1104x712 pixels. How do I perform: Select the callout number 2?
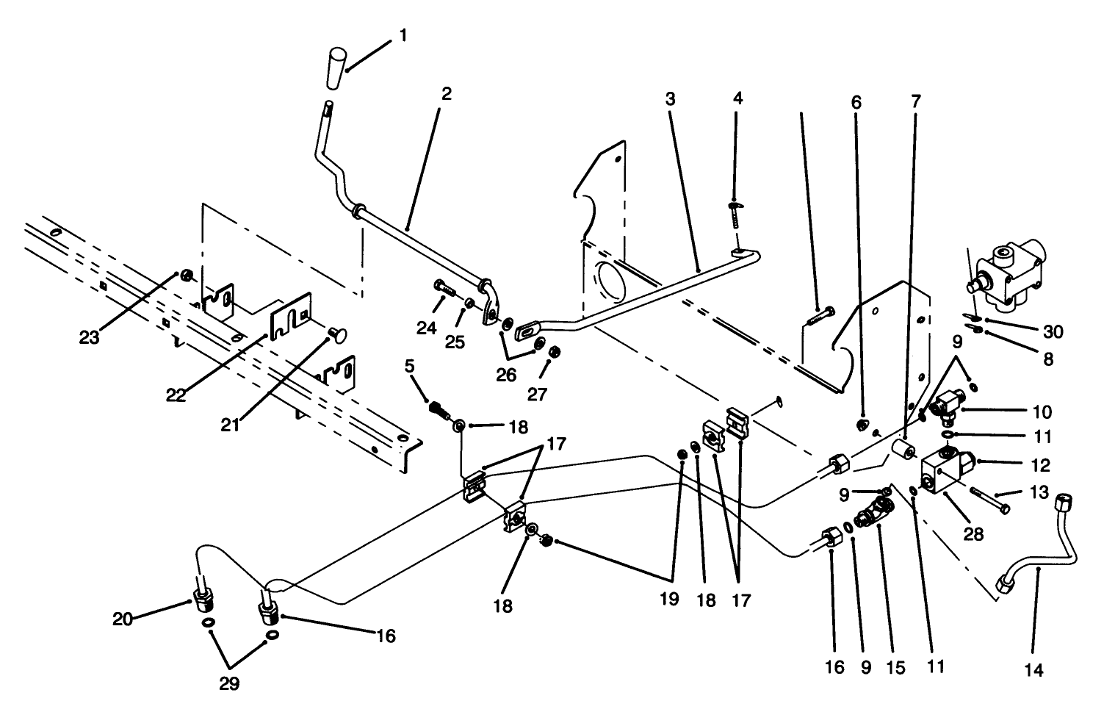[x=447, y=94]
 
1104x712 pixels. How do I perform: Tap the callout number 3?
[x=669, y=99]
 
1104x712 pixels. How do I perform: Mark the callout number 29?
[x=229, y=683]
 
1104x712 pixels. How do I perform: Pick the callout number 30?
[x=1053, y=332]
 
